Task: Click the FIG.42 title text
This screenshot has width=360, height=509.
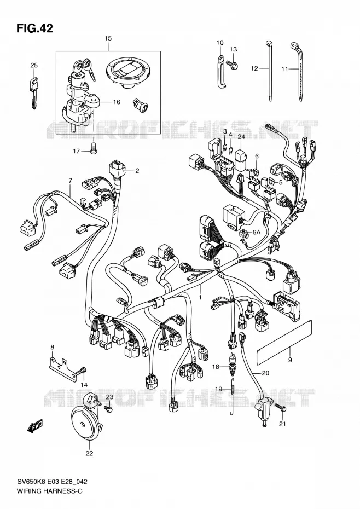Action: [x=34, y=28]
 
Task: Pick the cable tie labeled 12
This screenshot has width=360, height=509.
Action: [x=269, y=71]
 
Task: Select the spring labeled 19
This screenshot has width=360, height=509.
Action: [x=233, y=397]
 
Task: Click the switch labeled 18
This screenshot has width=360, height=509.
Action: [x=233, y=361]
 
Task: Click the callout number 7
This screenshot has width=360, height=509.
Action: [x=70, y=181]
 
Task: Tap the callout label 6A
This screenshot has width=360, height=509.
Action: [x=257, y=232]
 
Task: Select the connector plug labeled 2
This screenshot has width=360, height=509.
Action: [x=117, y=170]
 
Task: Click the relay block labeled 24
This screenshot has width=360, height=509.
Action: [x=240, y=159]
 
